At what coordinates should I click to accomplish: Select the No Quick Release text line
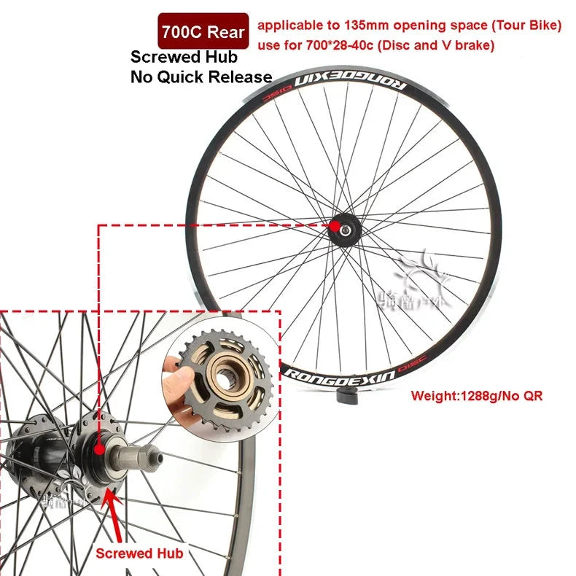pyautogui.click(x=201, y=77)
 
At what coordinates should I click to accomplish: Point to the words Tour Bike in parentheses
pyautogui.click(x=522, y=26)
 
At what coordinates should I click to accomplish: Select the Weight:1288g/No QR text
pyautogui.click(x=477, y=397)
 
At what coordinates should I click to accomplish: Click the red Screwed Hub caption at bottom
pyautogui.click(x=139, y=553)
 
